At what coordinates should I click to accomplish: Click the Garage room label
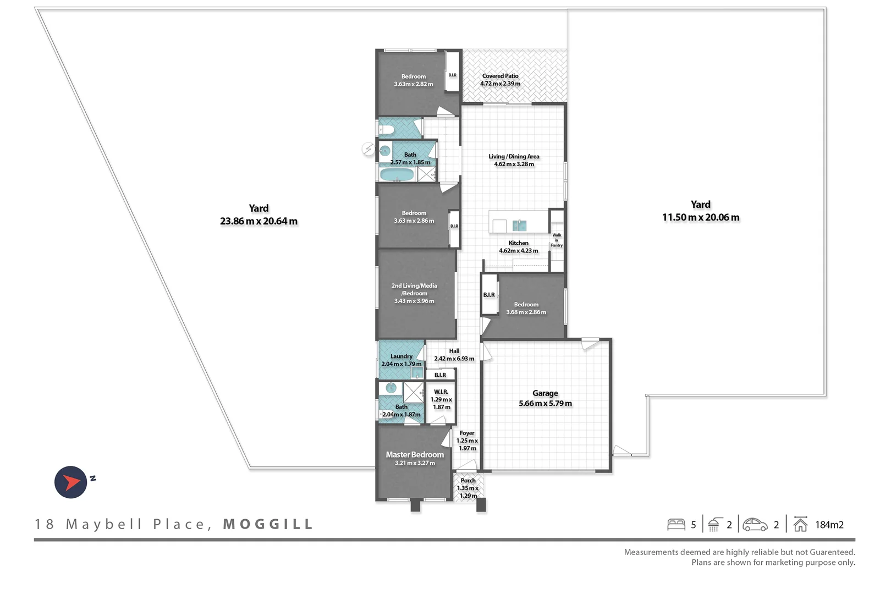pos(545,393)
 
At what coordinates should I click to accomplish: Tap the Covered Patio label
pos(500,76)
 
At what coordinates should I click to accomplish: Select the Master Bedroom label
pos(415,454)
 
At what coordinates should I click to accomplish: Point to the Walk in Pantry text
pos(557,240)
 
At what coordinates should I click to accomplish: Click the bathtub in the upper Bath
pos(397,175)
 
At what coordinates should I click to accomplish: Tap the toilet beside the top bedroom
pos(387,130)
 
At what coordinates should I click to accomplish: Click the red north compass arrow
pos(71,482)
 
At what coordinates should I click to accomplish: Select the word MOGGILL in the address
pos(268,524)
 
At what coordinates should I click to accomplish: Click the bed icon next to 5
pos(676,524)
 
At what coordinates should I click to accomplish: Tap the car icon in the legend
pos(755,524)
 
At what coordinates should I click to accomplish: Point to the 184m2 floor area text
pos(829,525)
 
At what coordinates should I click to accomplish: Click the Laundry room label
pos(402,356)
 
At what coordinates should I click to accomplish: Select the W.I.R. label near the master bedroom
pos(441,392)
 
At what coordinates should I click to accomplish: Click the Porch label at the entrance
pos(468,480)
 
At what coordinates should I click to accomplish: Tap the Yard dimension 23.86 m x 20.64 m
pos(258,221)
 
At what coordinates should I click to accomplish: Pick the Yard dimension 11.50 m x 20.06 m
pos(701,217)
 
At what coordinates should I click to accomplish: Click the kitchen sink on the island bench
pos(519,225)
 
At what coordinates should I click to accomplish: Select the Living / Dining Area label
pos(514,156)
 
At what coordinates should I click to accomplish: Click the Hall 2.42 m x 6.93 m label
pos(454,355)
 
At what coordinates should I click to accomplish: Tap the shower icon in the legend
pos(714,524)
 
